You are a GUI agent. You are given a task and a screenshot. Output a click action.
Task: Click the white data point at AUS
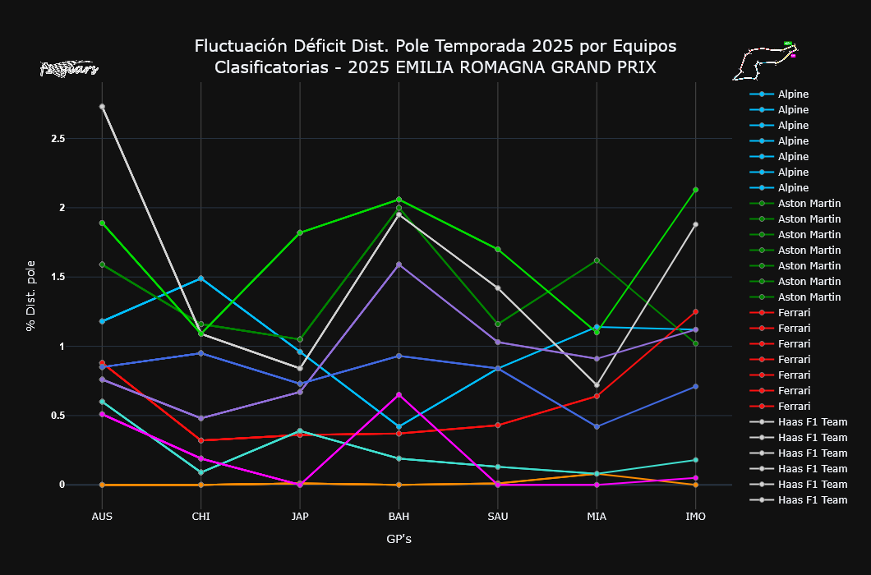point(102,107)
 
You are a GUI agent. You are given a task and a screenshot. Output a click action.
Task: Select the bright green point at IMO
point(695,190)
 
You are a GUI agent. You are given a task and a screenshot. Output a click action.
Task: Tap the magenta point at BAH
point(399,395)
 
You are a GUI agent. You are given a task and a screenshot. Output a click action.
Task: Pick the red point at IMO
point(695,311)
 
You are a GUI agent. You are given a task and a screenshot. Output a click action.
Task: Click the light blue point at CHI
point(200,278)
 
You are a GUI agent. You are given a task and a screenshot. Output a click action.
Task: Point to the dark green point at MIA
point(597,260)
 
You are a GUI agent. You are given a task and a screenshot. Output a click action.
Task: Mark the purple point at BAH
point(399,264)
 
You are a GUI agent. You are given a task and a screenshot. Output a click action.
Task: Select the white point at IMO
point(695,224)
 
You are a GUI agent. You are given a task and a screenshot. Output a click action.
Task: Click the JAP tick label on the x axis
point(299,517)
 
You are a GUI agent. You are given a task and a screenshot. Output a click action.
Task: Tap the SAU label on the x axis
point(497,517)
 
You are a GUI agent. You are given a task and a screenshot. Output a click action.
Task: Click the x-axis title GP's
point(399,540)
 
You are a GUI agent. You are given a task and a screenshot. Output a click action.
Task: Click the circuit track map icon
point(765,62)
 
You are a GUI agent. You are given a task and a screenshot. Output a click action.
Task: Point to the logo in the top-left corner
point(69,69)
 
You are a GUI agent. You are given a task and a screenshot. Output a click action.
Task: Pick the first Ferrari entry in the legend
point(794,313)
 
